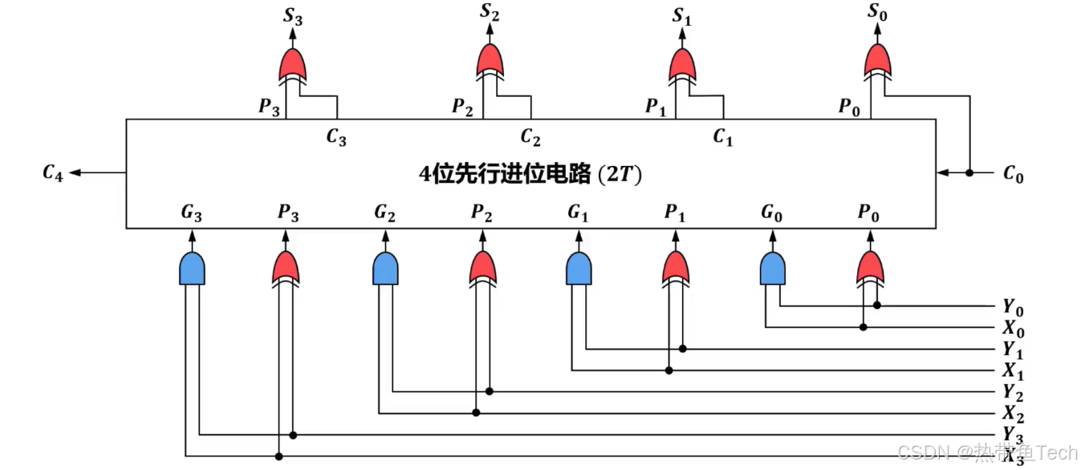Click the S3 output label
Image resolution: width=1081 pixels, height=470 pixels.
[x=294, y=17]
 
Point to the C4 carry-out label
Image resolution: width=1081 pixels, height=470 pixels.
[x=53, y=172]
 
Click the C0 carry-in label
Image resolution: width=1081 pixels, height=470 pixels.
[x=1014, y=173]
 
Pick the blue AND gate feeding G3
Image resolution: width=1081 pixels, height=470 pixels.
[x=192, y=268]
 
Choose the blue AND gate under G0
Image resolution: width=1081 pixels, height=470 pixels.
[x=773, y=268]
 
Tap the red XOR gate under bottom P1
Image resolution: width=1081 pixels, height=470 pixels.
[x=676, y=268]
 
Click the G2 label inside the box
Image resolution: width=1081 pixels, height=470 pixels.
[x=385, y=213]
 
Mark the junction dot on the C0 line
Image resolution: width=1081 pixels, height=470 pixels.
[x=969, y=172]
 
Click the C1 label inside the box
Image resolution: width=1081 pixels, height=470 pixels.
[x=723, y=137]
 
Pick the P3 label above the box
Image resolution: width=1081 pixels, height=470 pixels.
[x=269, y=106]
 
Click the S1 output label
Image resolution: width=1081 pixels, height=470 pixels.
[x=681, y=17]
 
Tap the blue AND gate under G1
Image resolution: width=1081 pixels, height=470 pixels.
[x=579, y=268]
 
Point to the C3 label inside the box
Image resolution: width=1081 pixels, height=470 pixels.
[x=336, y=137]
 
